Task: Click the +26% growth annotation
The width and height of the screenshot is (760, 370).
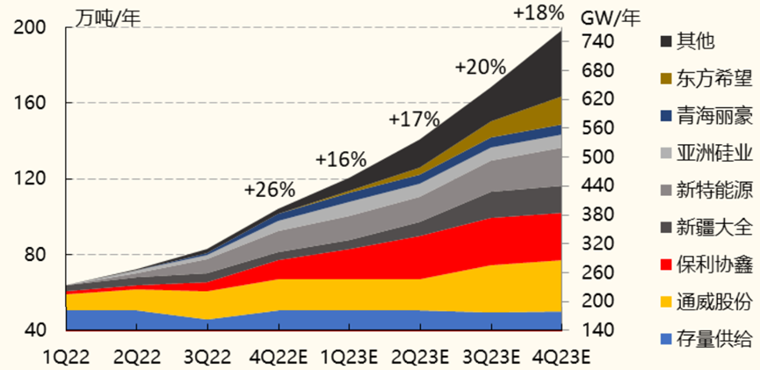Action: (x=270, y=189)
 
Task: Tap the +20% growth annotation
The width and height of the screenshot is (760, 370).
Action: (x=480, y=66)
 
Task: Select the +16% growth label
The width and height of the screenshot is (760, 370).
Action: (x=340, y=159)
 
